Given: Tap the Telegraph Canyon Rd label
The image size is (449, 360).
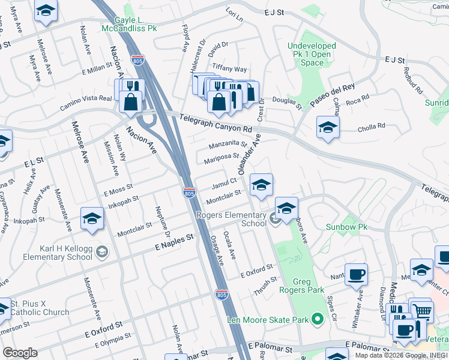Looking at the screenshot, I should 215,125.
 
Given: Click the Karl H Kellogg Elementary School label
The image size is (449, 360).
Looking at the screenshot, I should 55,252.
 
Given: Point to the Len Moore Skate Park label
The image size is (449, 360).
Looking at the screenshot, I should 268,319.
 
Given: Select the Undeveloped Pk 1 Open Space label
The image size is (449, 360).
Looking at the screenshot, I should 317,53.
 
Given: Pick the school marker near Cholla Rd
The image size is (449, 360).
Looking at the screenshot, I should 328,128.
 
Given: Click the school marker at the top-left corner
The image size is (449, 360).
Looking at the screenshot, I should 45,11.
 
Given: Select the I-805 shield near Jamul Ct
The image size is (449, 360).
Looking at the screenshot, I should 189,193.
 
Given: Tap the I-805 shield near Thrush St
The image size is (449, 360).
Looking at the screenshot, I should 221,295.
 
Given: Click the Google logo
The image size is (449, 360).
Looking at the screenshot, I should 20,353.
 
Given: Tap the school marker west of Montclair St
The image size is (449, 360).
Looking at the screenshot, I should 92,220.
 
